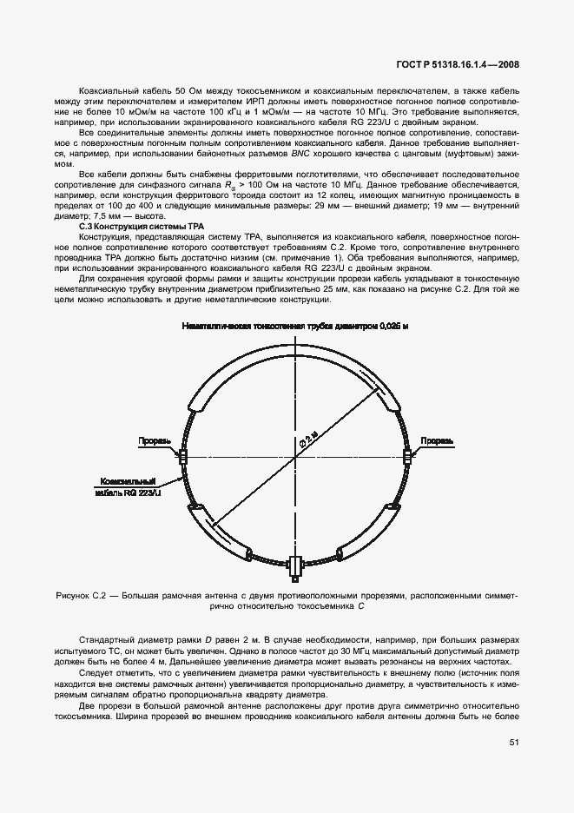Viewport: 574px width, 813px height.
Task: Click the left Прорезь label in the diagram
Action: point(153,441)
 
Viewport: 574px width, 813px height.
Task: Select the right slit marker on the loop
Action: point(406,454)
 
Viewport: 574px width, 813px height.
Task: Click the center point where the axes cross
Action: point(295,454)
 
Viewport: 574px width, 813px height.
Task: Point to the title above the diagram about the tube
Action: point(294,325)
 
